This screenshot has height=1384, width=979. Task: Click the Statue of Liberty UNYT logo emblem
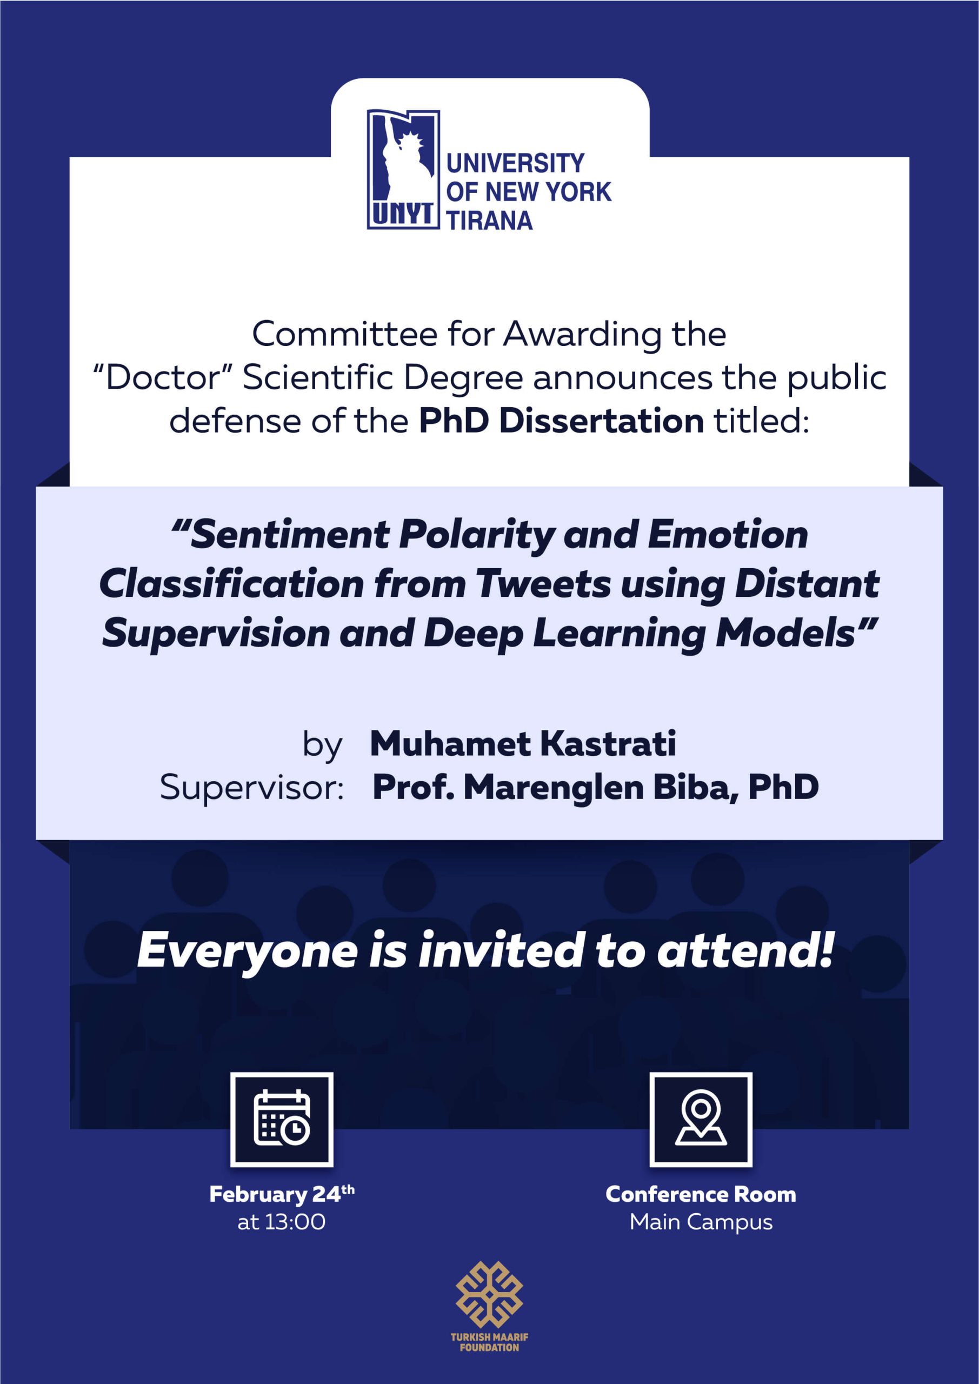(x=403, y=169)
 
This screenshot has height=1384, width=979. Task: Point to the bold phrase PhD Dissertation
(x=561, y=421)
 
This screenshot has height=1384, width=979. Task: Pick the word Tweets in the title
(x=543, y=584)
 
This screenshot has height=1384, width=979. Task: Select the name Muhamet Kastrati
(x=523, y=743)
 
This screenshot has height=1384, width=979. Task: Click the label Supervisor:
(x=251, y=787)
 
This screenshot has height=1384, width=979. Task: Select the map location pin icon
(x=701, y=1120)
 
